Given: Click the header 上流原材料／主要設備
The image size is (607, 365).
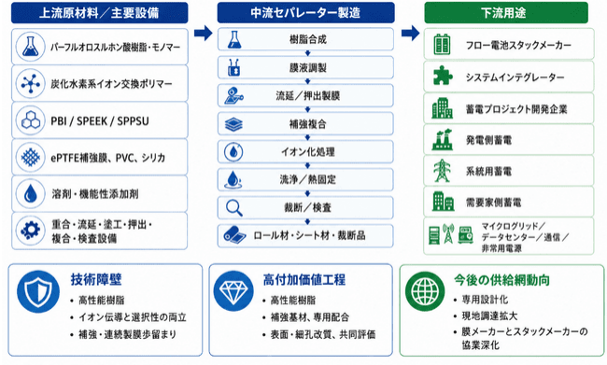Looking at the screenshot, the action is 99,13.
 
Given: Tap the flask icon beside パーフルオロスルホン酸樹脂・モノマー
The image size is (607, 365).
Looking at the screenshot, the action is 30,47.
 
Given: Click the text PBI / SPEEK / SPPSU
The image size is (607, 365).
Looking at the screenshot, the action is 100,121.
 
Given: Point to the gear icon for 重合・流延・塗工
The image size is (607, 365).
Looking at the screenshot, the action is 30,231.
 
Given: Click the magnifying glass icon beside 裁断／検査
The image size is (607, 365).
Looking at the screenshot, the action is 234,208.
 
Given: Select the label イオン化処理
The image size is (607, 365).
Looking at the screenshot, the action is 308,152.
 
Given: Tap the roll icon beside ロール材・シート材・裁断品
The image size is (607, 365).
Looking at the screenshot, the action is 234,235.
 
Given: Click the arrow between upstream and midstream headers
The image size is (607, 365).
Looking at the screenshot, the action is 204,34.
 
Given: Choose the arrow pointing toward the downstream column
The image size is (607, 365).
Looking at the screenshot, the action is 410,34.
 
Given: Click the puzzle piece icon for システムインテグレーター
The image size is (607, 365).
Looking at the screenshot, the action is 442,76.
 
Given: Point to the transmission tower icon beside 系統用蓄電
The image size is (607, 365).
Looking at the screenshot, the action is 442,171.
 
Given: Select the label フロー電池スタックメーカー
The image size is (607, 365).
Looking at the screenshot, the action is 518,46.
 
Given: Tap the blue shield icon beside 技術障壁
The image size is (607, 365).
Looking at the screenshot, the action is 38,291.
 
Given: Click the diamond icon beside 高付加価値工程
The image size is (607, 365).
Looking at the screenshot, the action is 233,291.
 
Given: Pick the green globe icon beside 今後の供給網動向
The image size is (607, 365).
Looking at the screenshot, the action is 425,291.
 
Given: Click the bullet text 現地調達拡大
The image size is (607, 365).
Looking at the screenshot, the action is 489,316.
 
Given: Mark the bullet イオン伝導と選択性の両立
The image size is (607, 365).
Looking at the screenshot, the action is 133,317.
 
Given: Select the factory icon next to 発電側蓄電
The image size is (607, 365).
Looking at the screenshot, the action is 442,139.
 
